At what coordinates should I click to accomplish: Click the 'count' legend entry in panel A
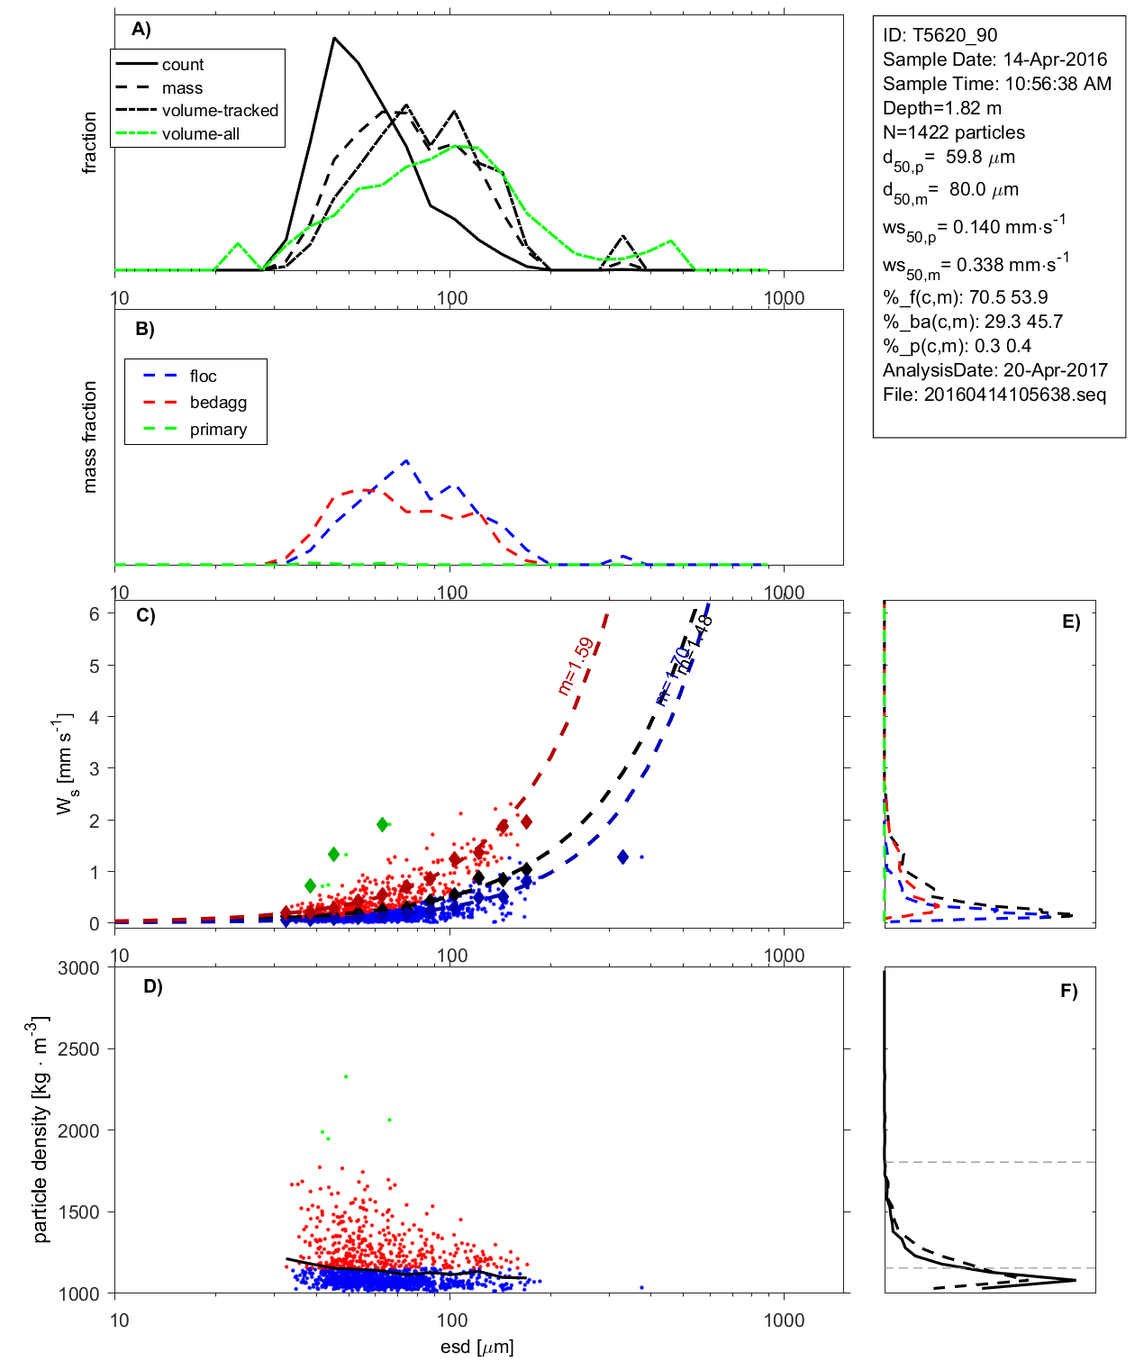183,65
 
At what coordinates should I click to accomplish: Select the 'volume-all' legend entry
200,134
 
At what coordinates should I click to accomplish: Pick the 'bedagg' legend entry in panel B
218,403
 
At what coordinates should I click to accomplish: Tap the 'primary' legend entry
218,430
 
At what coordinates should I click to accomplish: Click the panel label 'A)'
141,30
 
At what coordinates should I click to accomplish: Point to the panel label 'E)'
1070,622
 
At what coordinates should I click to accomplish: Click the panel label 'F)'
1068,991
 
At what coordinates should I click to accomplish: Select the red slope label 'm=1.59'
576,666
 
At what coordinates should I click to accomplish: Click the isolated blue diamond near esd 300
623,857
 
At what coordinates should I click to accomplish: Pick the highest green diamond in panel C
383,824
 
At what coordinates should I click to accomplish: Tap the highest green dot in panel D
346,1076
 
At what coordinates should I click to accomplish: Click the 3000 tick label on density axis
78,968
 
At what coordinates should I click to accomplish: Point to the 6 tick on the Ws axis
94,613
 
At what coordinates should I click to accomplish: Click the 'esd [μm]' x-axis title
477,1347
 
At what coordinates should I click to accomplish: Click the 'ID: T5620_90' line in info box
940,35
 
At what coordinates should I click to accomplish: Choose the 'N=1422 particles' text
953,132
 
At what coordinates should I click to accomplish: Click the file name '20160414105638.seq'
1014,395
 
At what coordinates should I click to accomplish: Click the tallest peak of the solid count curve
334,39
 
